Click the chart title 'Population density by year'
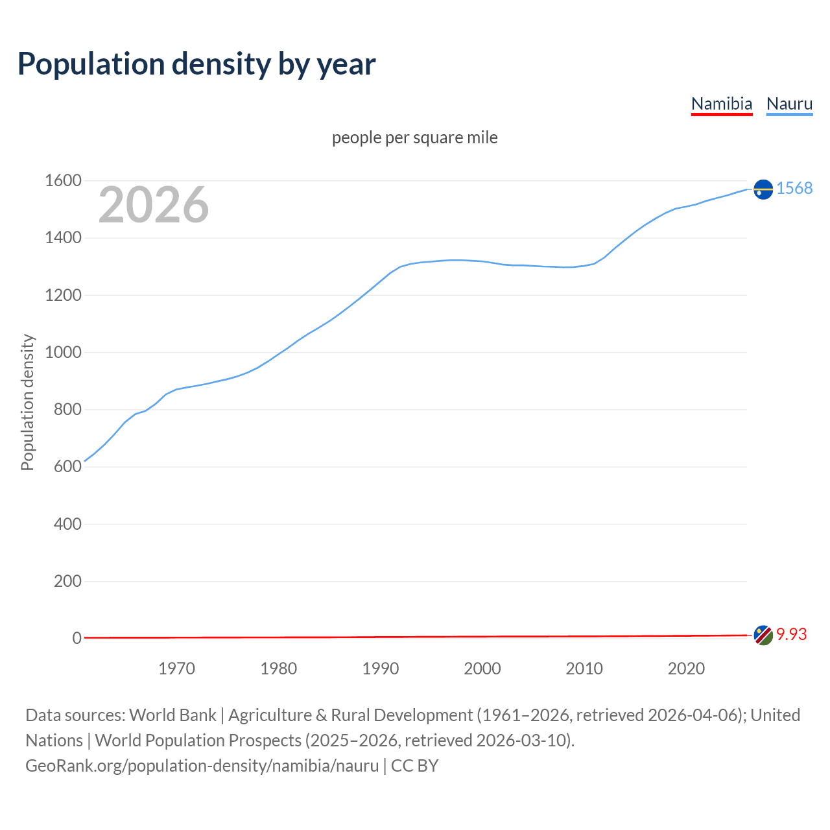(x=196, y=64)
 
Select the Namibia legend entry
(x=721, y=104)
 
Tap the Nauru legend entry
(x=789, y=104)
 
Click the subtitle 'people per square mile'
(x=414, y=137)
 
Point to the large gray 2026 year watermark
(x=154, y=205)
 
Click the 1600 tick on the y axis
(x=63, y=181)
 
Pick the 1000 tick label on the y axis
(x=63, y=353)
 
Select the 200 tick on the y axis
(x=67, y=581)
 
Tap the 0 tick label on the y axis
(x=77, y=638)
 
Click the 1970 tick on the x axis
(x=176, y=669)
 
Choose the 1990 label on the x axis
(x=381, y=669)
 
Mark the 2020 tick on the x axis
(x=686, y=669)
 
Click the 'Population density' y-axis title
(x=27, y=402)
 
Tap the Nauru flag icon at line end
(x=763, y=189)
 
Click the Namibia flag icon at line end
(x=763, y=635)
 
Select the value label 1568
(x=794, y=188)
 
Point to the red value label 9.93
(x=791, y=634)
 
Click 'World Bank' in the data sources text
(x=172, y=715)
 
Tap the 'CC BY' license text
(x=414, y=766)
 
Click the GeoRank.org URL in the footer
(x=202, y=766)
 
